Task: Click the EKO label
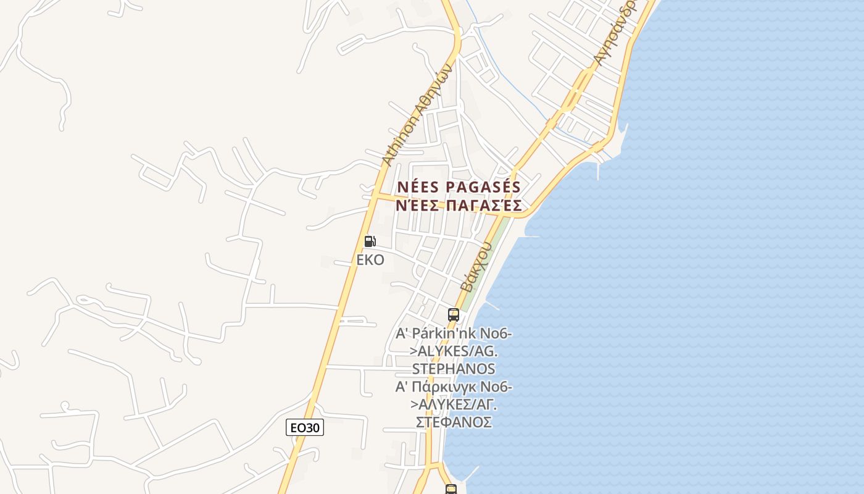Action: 370,260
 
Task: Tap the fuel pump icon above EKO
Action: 370,241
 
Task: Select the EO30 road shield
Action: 305,427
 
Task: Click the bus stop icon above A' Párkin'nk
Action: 454,315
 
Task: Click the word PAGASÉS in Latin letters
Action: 483,187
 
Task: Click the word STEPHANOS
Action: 454,369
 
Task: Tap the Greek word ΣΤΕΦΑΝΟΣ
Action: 454,422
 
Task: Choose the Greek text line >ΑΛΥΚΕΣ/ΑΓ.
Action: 454,405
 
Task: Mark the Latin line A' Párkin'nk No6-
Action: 454,334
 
